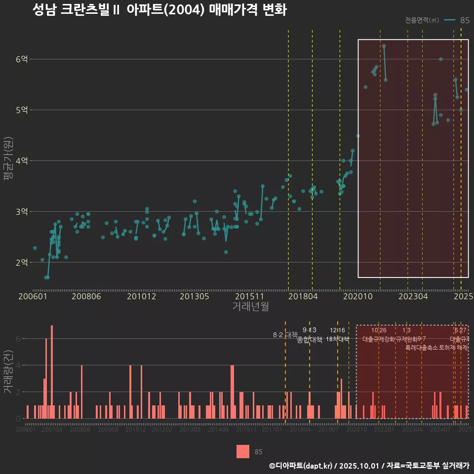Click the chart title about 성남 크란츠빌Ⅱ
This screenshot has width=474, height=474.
coord(159,10)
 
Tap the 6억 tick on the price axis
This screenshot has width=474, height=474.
coord(22,59)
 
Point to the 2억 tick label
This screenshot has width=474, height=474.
coord(22,262)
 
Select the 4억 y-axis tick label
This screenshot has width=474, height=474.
coord(22,161)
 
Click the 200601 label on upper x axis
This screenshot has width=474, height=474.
coord(33,297)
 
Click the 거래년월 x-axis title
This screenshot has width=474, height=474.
coord(250,307)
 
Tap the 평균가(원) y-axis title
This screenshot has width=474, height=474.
coord(8,160)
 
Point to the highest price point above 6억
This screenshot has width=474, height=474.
coord(384,46)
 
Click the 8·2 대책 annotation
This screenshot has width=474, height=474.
coord(285,335)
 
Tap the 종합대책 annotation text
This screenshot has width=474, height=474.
coord(310,340)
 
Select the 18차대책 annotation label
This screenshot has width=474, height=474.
coord(338,339)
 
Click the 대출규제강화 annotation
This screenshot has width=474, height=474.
coord(379,339)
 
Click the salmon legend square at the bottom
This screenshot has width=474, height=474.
coord(243,451)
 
